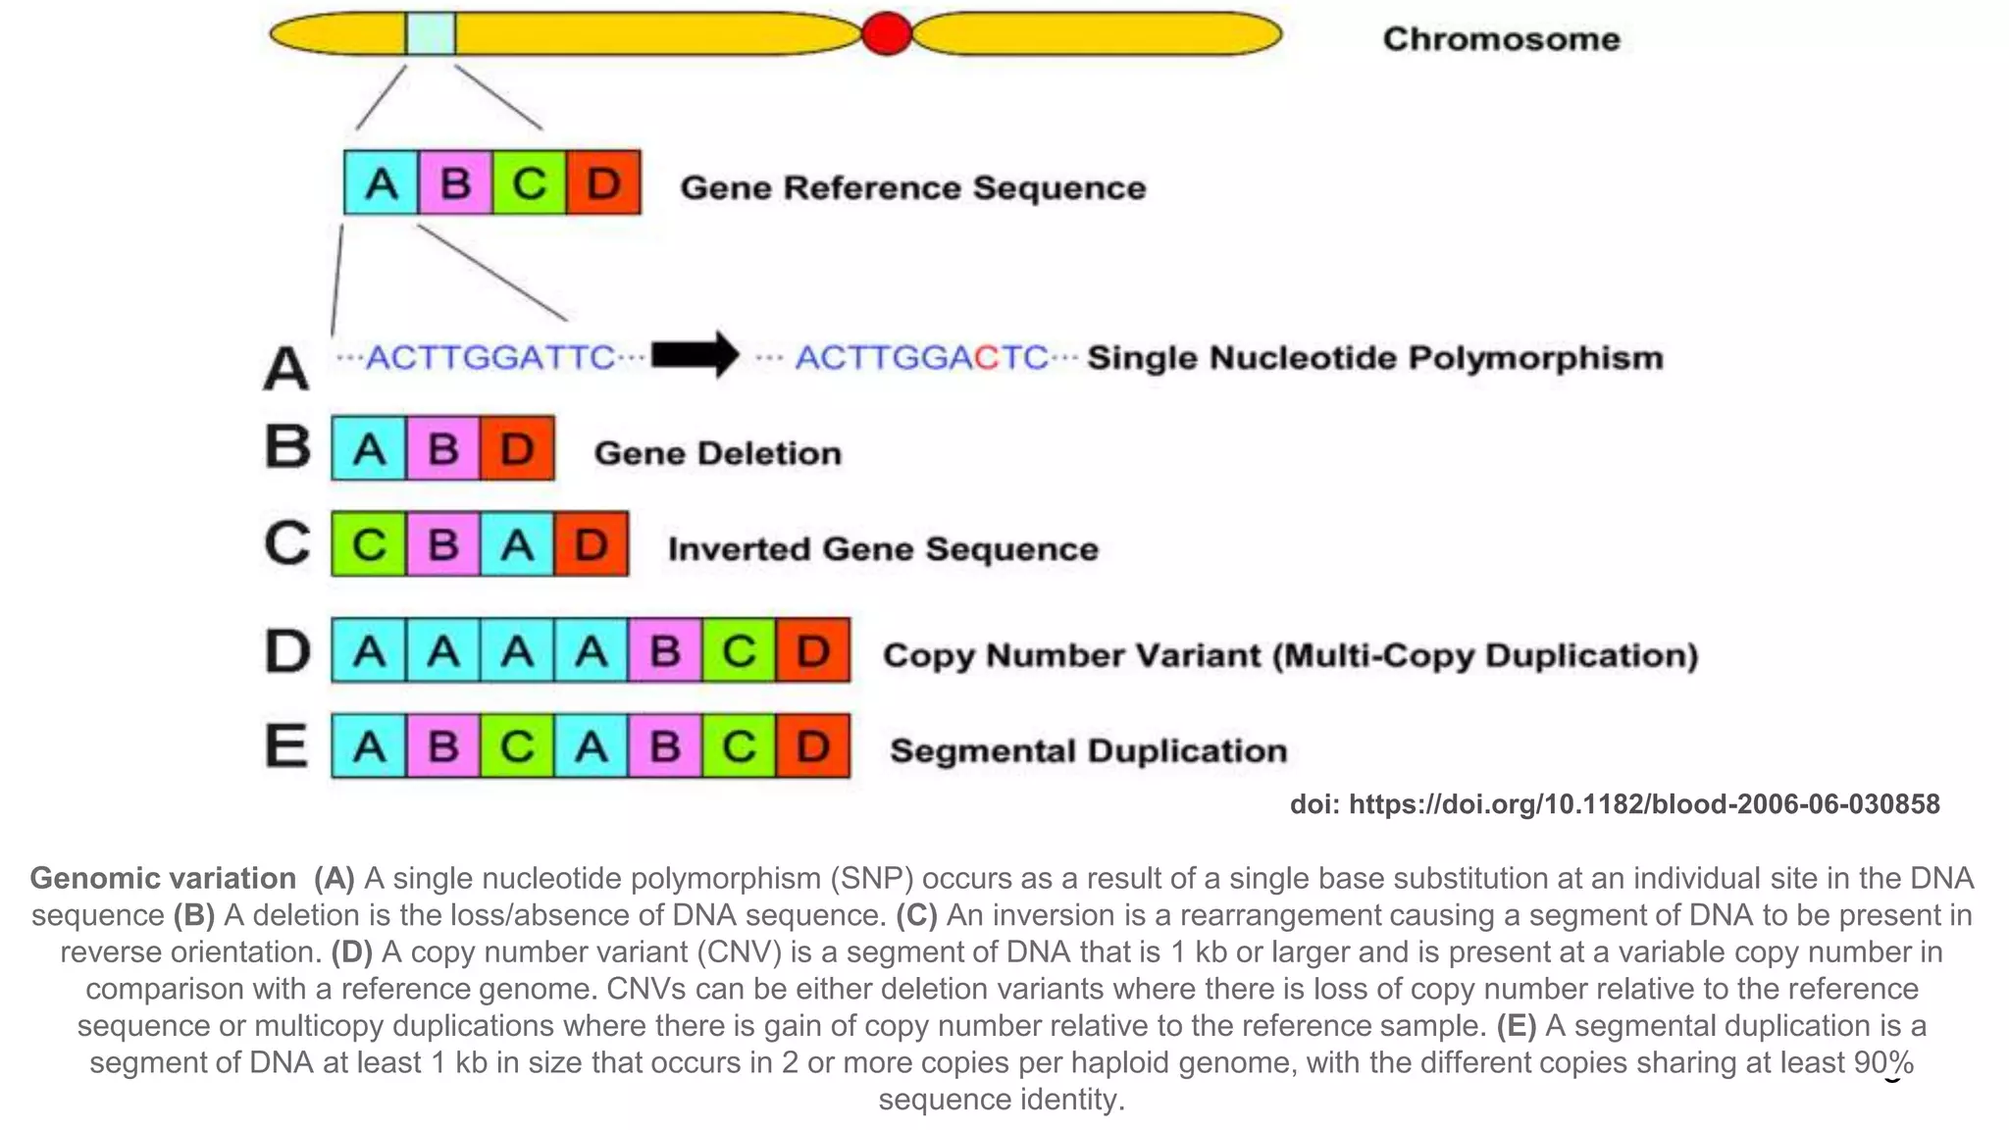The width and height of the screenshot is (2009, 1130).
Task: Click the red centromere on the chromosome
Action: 886,34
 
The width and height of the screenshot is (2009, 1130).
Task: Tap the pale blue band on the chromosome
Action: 431,34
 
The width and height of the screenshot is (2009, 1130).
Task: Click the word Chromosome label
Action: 1501,39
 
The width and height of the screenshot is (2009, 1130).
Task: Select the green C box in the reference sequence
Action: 530,182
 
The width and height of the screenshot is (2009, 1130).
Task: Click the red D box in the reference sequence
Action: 603,182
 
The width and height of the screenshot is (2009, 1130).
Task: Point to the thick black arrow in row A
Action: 695,355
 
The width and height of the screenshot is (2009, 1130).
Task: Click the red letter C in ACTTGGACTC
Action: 986,358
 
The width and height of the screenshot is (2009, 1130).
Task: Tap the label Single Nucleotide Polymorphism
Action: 1375,358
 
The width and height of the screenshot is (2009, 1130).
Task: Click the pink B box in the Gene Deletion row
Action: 443,449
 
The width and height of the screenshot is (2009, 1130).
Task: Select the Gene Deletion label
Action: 718,453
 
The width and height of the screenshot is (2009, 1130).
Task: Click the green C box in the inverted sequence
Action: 369,544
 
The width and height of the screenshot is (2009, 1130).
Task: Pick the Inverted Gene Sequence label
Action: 883,549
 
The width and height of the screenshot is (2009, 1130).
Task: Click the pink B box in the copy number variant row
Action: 665,650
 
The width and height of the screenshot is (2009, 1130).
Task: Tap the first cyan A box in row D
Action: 369,650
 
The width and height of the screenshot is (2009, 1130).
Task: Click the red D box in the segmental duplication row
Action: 813,747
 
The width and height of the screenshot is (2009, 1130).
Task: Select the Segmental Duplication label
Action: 1088,751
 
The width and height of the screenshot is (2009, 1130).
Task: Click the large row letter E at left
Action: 286,745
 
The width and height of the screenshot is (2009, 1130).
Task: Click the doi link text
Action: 1615,804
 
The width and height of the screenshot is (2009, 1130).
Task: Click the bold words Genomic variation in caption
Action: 163,878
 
